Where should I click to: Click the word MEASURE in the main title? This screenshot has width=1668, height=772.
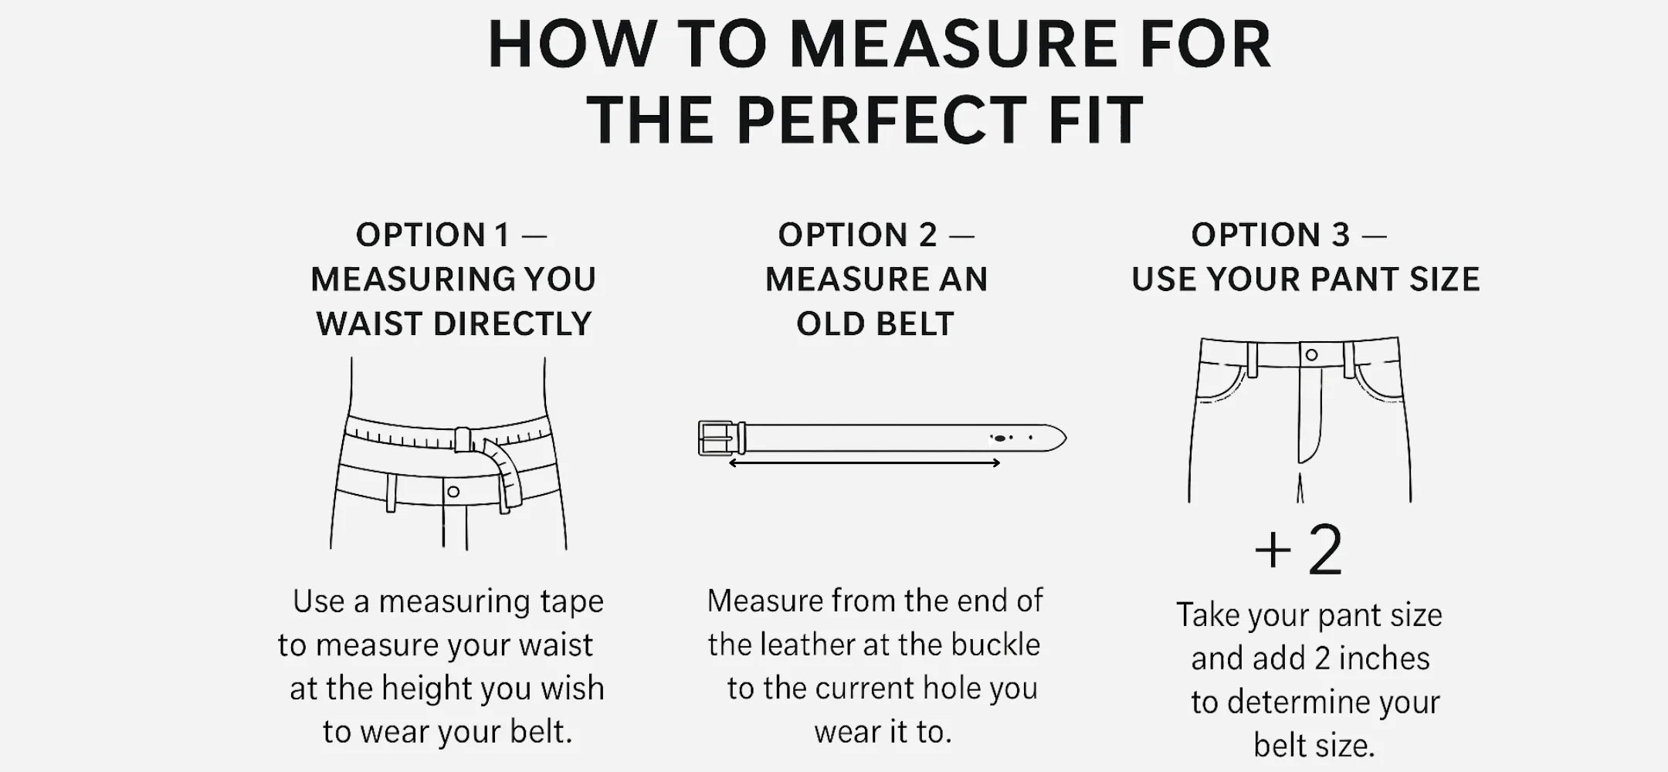[954, 44]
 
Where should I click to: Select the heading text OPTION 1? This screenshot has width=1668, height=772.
[432, 235]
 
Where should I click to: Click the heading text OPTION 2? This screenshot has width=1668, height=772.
[857, 235]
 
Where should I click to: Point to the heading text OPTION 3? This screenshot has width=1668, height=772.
[1270, 235]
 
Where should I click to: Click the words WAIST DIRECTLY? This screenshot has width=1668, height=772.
[454, 324]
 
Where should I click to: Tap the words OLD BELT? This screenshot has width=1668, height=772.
[875, 324]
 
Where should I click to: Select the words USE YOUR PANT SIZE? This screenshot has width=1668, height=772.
[1306, 279]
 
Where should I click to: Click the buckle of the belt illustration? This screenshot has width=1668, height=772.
[721, 438]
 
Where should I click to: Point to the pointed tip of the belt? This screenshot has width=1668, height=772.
[1066, 438]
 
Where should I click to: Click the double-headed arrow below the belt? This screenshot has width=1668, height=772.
[865, 463]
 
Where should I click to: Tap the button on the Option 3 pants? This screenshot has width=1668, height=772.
[1311, 355]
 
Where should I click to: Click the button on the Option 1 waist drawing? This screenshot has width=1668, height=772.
[453, 492]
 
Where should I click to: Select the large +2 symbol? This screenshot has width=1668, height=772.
[1299, 550]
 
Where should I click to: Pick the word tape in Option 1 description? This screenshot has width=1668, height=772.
[571, 601]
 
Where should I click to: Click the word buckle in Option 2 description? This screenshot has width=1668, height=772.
[995, 645]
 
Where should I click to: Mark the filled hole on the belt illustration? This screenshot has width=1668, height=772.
[1000, 438]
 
